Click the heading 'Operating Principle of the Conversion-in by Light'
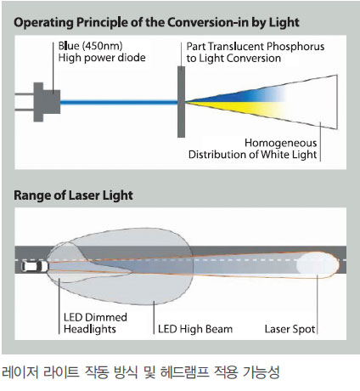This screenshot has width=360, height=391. [x=156, y=23]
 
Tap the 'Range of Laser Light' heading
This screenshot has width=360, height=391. [x=73, y=195]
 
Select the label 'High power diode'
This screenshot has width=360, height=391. [x=102, y=58]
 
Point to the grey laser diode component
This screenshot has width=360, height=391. [x=47, y=102]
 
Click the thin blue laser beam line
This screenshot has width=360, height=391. [x=119, y=102]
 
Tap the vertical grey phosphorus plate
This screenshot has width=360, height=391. [x=181, y=102]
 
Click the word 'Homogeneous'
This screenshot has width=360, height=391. [x=280, y=143]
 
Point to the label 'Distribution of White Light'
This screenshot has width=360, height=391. [x=252, y=155]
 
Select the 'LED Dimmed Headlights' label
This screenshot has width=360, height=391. [x=95, y=323]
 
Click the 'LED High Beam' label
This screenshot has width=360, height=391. [x=195, y=329]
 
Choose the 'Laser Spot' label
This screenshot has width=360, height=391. [x=290, y=329]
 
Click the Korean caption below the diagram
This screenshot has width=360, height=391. [x=141, y=372]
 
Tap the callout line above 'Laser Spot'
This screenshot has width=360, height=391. [x=318, y=304]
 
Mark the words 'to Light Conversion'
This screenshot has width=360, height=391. [x=233, y=59]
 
